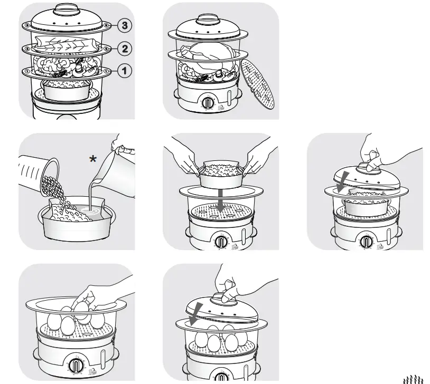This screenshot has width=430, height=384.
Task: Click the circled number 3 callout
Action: click(x=124, y=25)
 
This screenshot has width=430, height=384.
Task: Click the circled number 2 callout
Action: click(x=124, y=49)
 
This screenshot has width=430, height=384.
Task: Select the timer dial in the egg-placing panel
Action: click(x=75, y=366)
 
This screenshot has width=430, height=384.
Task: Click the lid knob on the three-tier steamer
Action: click(x=66, y=9)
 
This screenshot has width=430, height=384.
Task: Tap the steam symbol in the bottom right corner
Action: click(x=414, y=378)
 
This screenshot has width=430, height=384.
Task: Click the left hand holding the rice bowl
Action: click(x=185, y=158)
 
